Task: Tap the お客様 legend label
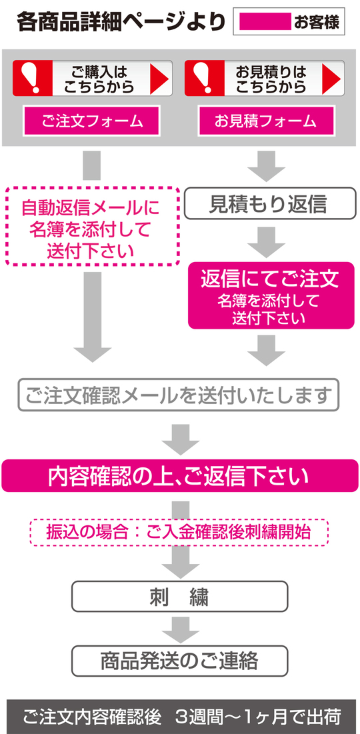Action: [316, 23]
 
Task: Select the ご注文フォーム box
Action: [92, 121]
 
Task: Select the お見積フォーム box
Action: [265, 121]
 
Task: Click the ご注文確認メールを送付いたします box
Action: [178, 395]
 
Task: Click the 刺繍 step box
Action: [179, 597]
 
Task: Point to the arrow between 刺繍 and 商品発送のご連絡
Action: [179, 628]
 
